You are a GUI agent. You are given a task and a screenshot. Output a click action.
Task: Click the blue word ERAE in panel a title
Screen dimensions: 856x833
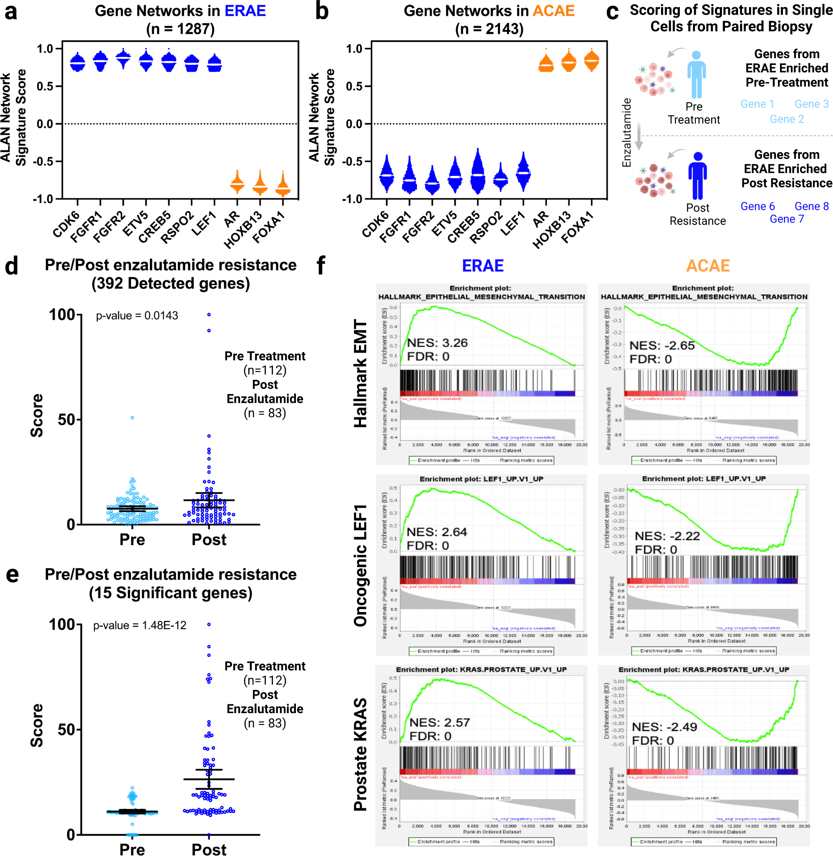pos(245,10)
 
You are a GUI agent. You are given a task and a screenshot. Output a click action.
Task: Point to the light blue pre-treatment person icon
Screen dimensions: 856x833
pos(696,74)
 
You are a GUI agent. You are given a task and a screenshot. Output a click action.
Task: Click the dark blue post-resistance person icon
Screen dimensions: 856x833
pos(697,175)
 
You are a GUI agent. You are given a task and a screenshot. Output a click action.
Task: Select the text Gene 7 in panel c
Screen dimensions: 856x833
pos(787,219)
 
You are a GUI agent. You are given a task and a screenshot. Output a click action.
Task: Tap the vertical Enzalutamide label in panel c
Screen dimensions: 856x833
pos(626,132)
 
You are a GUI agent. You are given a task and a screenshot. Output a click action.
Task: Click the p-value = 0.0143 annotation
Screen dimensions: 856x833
pos(137,316)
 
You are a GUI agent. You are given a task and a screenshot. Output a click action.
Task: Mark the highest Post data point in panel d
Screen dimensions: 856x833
pos(209,315)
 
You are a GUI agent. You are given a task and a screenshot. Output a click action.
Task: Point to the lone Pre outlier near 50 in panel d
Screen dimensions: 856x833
pos(132,418)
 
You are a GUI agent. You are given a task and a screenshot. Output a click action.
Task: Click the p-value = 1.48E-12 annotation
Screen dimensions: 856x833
pos(139,625)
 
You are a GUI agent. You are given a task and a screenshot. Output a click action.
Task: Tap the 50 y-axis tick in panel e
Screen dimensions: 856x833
pos(66,730)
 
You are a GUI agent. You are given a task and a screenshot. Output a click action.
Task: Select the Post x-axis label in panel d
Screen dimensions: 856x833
pos(209,539)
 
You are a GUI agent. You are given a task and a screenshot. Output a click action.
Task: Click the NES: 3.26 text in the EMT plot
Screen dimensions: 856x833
pos(437,343)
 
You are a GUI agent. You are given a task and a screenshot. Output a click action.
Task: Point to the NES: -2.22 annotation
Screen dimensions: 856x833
pos(667,536)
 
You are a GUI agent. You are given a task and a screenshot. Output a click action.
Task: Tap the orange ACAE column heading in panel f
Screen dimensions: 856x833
pos(707,266)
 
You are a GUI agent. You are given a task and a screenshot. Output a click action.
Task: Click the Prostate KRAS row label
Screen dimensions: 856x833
pos(361,754)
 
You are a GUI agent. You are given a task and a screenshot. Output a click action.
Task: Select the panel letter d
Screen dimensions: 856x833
pos(12,266)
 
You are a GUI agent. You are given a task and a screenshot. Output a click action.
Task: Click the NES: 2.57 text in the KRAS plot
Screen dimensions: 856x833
pos(439,722)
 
